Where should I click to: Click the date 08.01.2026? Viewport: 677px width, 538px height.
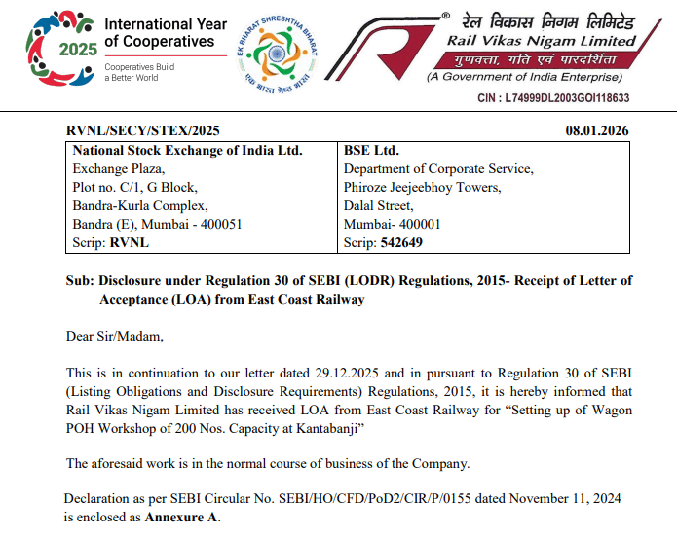coord(597,130)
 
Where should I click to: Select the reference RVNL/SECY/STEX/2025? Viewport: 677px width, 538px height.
coord(142,130)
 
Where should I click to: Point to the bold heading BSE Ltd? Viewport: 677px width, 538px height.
coord(371,150)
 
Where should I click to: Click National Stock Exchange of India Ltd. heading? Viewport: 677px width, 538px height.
coord(188,150)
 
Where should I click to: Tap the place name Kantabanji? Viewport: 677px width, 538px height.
coord(326,428)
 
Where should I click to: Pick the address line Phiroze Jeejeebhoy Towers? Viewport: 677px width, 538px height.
coord(422,187)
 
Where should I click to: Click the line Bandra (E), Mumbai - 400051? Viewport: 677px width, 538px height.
coord(157,224)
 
